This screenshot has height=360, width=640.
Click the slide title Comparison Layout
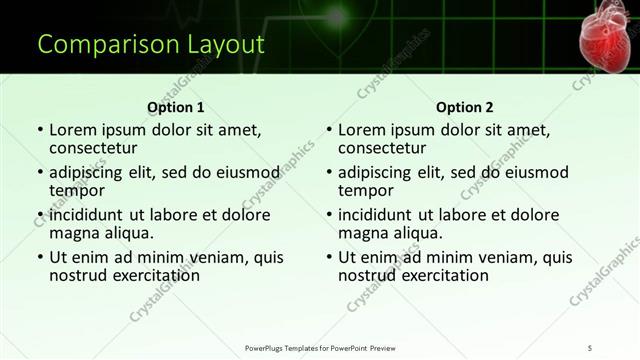coord(150,45)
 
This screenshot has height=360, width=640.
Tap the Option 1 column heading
coord(175,107)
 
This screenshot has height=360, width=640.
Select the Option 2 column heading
coord(464,107)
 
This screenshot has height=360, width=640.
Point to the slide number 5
coord(590,346)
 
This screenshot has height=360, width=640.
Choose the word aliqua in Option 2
coord(416,233)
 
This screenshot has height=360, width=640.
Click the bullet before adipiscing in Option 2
coord(329,173)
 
